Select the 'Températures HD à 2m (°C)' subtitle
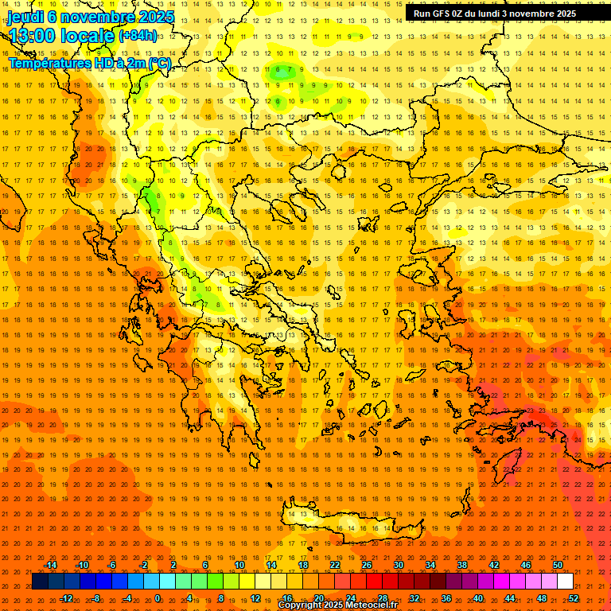[90, 63]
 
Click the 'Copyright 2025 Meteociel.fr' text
[337, 605]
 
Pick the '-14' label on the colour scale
[50, 565]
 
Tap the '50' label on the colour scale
[558, 565]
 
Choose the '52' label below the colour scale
[574, 597]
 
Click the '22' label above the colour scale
[335, 565]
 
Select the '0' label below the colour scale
[158, 597]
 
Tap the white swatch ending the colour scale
[565, 582]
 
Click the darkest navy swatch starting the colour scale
[40, 582]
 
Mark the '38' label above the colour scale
[462, 565]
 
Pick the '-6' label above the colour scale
[111, 565]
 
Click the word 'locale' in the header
[88, 36]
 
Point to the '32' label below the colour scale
[414, 597]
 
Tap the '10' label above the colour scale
[239, 565]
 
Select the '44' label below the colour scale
[510, 597]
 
